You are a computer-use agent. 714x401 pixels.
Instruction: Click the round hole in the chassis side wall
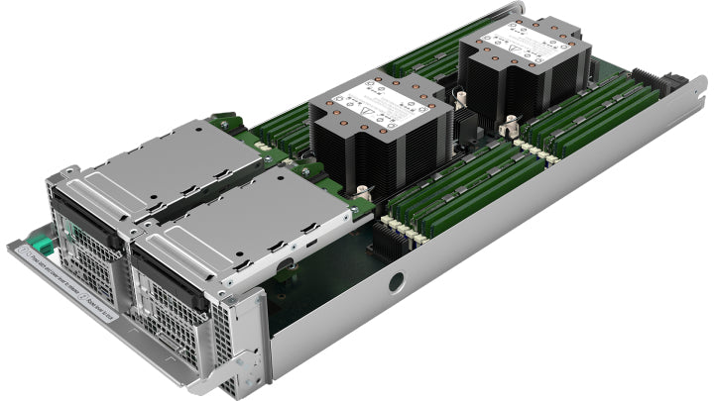point(396,282)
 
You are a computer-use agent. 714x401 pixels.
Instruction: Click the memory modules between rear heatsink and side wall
point(585,119)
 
